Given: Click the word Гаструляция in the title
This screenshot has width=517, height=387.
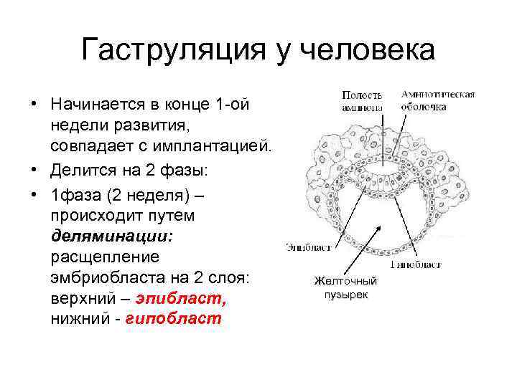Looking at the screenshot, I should click(x=168, y=51).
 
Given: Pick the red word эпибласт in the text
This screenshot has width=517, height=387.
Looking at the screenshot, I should click(x=180, y=299).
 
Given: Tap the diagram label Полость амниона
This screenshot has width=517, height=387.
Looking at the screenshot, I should click(x=362, y=100).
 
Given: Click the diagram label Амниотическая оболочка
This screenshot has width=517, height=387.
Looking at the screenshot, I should click(x=437, y=100).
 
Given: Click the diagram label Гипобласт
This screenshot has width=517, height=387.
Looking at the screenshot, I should click(x=415, y=264).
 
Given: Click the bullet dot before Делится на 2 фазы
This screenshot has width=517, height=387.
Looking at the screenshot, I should click(x=34, y=173).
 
